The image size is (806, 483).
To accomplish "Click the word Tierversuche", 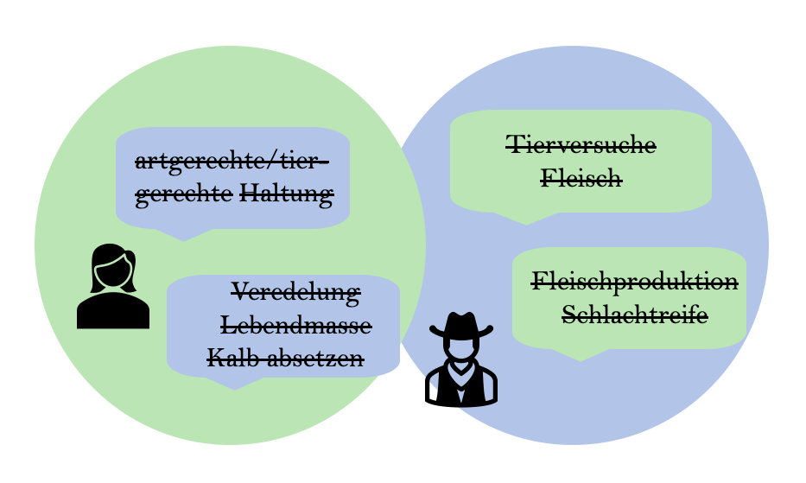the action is click(x=581, y=144).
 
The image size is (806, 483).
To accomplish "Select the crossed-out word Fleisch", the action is click(x=581, y=179).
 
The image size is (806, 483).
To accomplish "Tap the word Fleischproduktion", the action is click(x=634, y=282).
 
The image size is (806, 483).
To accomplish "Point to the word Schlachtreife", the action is click(x=635, y=315).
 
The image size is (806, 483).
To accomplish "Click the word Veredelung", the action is click(x=295, y=292).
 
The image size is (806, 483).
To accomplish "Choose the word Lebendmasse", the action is click(x=296, y=326).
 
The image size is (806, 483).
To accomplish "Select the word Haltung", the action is click(x=286, y=194).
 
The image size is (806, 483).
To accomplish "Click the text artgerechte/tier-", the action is click(x=232, y=162).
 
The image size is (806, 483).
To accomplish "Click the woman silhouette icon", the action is click(x=113, y=287).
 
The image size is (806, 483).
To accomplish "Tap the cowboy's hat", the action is click(x=461, y=325).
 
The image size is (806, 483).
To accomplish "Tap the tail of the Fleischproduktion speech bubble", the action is click(x=581, y=353).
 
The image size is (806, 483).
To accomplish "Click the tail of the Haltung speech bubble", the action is click(x=184, y=233).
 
